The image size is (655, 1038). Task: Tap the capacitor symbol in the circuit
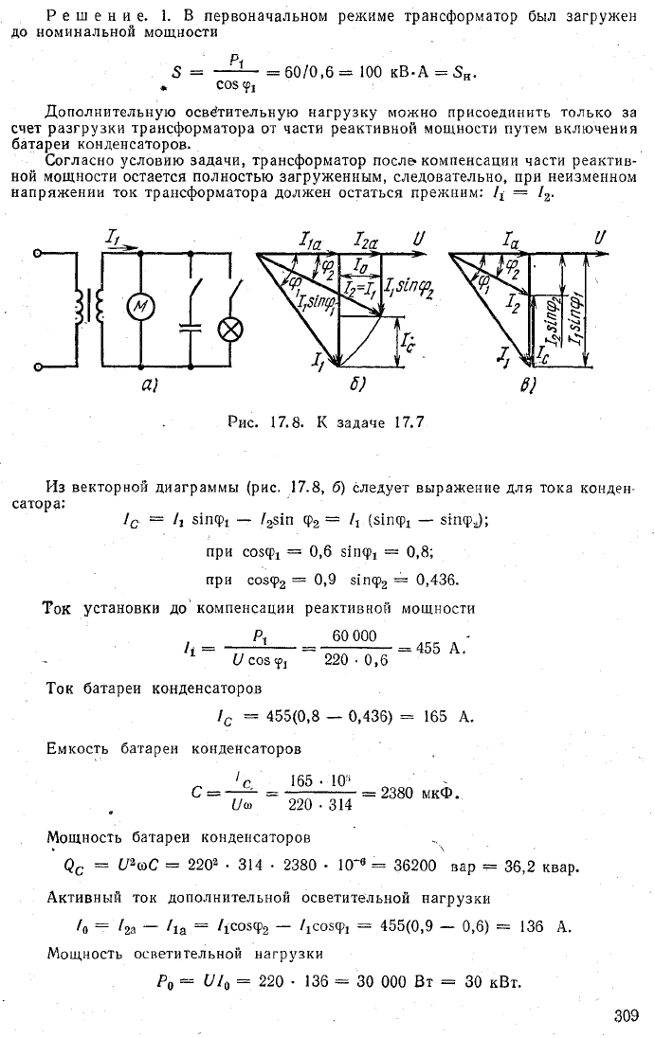pyautogui.click(x=191, y=329)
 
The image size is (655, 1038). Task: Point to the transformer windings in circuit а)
pyautogui.click(x=88, y=308)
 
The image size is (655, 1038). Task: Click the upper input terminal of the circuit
pyautogui.click(x=39, y=252)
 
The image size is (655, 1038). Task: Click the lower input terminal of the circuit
pyautogui.click(x=39, y=367)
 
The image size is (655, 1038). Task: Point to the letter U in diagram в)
pyautogui.click(x=600, y=237)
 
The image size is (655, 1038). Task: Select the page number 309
pyautogui.click(x=626, y=1016)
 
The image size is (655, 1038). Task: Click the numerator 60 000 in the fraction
pyautogui.click(x=355, y=636)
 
